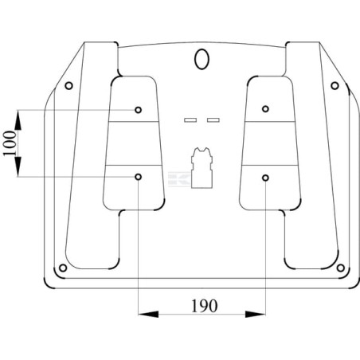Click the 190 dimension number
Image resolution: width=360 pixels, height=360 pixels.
tap(204, 306)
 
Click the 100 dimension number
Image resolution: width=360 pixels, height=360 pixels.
tap(10, 143)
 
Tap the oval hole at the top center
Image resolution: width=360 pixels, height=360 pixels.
tap(202, 59)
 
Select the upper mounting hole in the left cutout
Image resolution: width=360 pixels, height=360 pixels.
tap(138, 110)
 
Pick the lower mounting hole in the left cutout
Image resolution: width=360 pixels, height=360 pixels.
tap(138, 177)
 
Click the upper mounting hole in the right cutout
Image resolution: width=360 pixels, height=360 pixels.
tap(265, 108)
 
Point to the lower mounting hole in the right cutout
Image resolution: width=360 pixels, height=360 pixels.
tap(265, 178)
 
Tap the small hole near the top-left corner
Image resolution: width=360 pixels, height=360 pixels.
tap(68, 86)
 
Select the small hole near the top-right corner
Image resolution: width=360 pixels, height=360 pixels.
tap(335, 86)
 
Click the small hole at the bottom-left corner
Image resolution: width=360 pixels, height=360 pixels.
tap(63, 268)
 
